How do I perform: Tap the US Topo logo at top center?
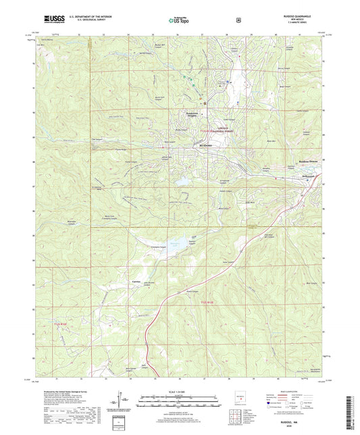(179, 21)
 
